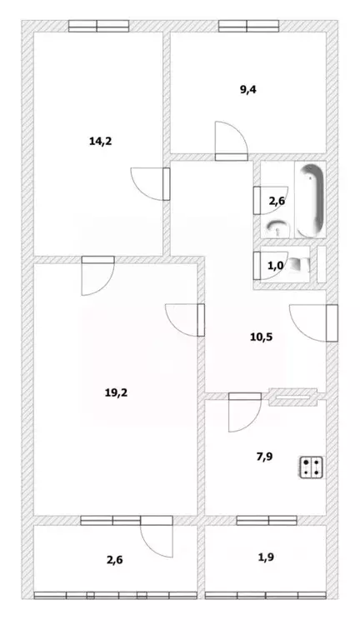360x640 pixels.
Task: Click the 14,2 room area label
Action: click(100, 141)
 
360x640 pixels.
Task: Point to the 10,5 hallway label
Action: click(261, 337)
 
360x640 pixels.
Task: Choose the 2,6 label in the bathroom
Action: click(277, 201)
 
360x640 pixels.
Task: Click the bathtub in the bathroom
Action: click(312, 200)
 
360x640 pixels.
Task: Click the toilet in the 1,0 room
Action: click(307, 265)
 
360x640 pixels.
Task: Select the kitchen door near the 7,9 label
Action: click(243, 412)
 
